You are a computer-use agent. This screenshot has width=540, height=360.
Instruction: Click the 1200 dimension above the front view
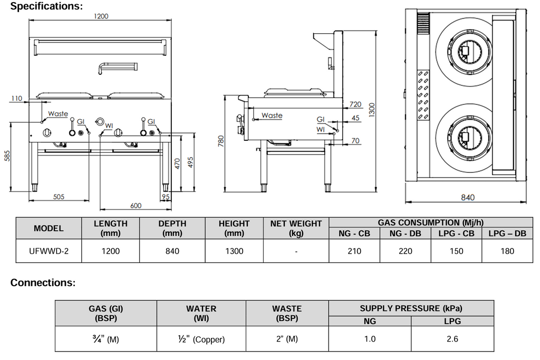101,16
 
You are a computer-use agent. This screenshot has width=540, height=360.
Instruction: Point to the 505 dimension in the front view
58,197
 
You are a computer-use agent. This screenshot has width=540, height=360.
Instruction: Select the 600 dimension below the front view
136,205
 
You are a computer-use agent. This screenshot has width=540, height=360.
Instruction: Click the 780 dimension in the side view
221,141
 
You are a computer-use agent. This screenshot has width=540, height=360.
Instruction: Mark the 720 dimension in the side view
355,104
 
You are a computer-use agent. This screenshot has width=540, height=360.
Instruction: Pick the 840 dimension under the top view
468,197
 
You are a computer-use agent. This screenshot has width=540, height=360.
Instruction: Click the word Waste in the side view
272,115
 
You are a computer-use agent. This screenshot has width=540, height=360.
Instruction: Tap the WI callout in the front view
109,125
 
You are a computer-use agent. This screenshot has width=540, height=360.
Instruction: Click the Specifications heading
46,6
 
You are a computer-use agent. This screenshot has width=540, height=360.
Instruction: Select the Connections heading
43,283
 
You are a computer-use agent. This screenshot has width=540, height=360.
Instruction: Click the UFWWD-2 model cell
49,251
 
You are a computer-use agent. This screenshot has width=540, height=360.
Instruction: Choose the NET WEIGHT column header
296,228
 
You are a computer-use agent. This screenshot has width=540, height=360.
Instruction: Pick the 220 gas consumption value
406,251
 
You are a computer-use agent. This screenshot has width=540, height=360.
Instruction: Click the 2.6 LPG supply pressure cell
452,339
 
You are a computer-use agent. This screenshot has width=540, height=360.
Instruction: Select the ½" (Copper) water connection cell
201,339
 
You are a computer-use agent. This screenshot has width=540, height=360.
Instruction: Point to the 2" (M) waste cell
287,339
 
